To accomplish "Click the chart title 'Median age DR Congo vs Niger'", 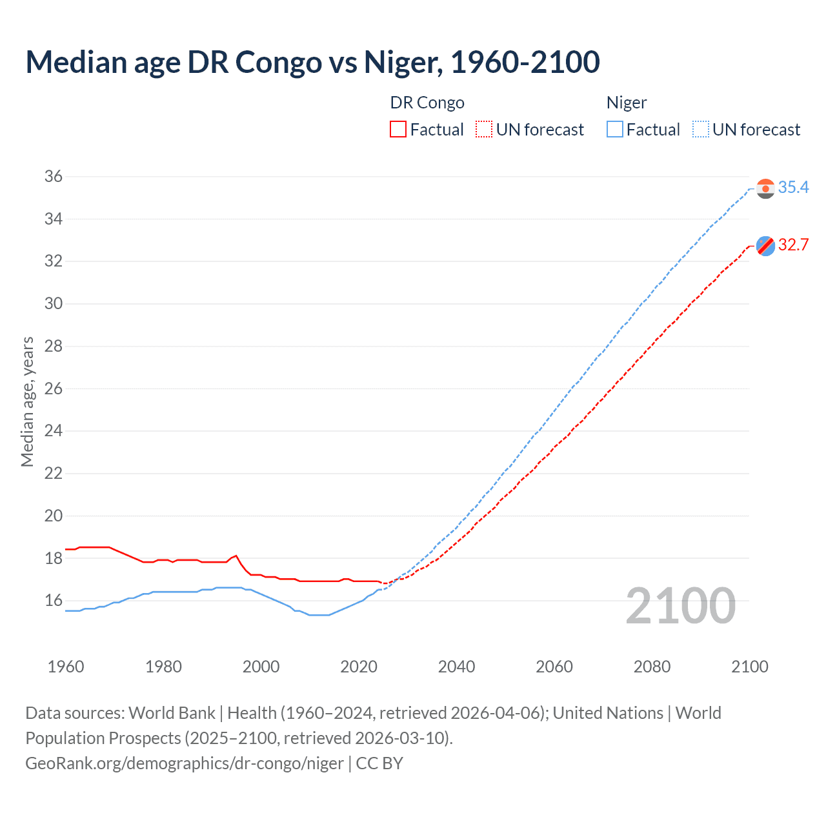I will tap(312, 62).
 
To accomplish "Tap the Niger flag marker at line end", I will tap(765, 188).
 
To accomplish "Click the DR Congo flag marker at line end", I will tap(765, 246).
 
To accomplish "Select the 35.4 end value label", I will tap(793, 187).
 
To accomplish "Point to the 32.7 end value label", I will tap(793, 245).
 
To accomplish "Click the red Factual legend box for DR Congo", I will tap(398, 130).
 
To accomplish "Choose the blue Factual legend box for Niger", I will tap(615, 130).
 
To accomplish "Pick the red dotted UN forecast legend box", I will tap(484, 130).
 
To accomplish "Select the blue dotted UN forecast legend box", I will tap(701, 130).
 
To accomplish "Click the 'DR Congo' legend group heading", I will tap(427, 103).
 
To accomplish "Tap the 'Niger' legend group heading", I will tap(626, 103).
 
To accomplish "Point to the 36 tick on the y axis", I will tap(54, 176).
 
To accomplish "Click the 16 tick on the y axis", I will tap(54, 600).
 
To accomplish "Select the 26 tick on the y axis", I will tap(54, 388).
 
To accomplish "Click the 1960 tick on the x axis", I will tap(66, 667).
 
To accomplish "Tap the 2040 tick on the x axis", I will tap(456, 667).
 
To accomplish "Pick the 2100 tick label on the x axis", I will tap(749, 667).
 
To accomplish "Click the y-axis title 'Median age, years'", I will tap(27, 401).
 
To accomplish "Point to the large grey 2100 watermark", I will tap(680, 605).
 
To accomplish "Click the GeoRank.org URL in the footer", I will tap(185, 763).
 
